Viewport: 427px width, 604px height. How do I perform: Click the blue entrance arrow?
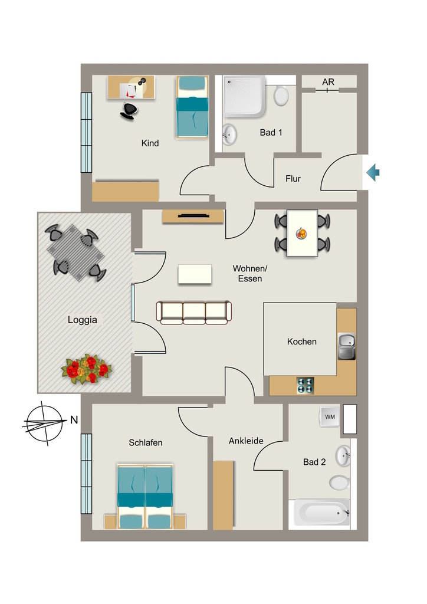point(373,172)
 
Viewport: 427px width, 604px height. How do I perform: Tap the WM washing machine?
point(330,417)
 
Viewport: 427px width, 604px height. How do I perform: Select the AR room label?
point(328,82)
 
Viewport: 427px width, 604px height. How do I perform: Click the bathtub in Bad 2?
point(322,513)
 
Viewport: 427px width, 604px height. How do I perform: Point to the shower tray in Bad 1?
point(244,97)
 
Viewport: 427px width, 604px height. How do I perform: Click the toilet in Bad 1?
point(281,95)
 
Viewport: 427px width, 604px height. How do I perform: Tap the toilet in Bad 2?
point(339,482)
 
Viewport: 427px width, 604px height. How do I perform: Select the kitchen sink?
point(347,346)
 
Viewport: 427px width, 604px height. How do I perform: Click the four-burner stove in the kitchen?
point(306,386)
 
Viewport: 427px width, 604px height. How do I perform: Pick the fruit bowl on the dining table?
point(301,234)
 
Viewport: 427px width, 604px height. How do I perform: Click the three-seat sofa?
point(193,313)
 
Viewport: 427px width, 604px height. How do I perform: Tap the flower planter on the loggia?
point(86,369)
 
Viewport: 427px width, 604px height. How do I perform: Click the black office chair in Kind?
point(129,111)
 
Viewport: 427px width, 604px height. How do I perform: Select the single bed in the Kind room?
point(192,107)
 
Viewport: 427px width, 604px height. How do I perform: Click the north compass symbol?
point(44,424)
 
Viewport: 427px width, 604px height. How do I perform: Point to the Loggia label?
point(83,320)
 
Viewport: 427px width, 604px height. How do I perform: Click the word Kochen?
point(302,342)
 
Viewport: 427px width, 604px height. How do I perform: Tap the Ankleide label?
point(246,441)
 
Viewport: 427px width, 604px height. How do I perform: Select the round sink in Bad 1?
point(229,134)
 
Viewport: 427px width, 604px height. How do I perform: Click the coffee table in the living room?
point(195,274)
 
